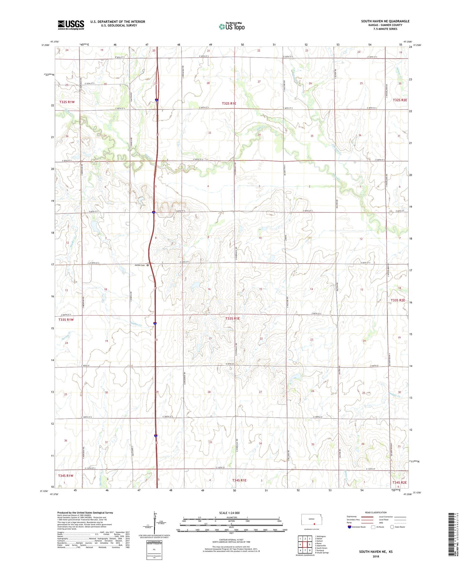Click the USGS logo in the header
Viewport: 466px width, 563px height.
pos(71,25)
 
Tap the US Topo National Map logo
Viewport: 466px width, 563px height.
pos(232,26)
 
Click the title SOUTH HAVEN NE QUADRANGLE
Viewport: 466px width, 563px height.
pos(385,21)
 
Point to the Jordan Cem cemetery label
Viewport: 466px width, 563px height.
pos(139,265)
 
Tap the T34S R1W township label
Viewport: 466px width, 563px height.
pos(66,475)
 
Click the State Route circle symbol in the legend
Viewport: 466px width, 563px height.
pos(392,527)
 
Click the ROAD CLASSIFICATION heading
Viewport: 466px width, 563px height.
pos(376,512)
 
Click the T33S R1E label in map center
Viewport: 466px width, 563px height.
pos(233,319)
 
